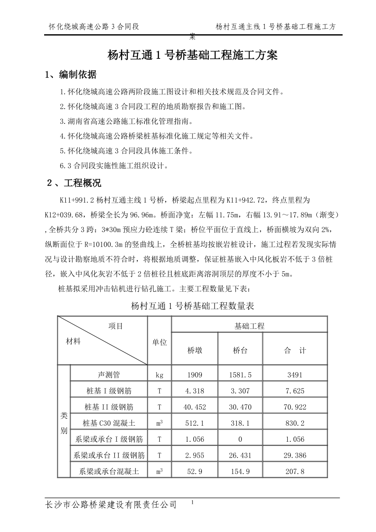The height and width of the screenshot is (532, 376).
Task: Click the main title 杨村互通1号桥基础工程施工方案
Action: [192, 55]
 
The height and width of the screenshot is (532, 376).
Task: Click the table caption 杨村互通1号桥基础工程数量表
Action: [192, 306]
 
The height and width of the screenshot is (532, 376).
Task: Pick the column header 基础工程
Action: [249, 326]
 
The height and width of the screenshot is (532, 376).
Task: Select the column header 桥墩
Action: [195, 350]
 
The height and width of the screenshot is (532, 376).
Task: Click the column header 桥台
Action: [240, 350]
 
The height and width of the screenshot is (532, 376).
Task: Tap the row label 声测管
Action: [109, 374]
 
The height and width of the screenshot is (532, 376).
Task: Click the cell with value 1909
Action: [195, 374]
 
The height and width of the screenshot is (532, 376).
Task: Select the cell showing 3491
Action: [295, 374]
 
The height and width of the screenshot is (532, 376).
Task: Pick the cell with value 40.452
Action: [195, 407]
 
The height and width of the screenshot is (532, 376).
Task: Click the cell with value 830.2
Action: [295, 423]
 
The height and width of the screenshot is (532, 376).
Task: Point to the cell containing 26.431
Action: [240, 456]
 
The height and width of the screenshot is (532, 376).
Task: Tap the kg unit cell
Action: [159, 374]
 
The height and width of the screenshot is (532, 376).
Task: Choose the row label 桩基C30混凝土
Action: [109, 423]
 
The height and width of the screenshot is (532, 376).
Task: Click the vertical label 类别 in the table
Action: [64, 423]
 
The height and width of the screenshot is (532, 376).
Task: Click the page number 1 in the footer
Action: [192, 503]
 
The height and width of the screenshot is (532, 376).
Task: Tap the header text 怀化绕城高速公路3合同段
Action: [94, 27]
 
